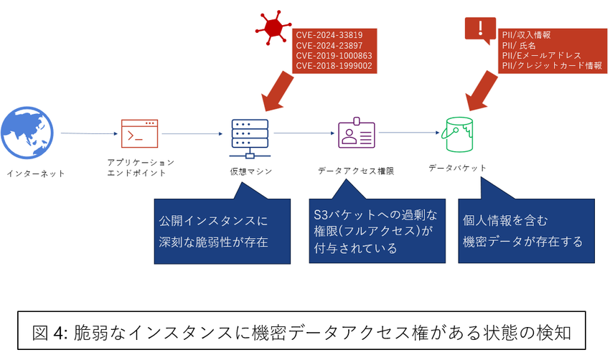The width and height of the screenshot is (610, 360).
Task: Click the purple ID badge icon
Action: tap(357, 134)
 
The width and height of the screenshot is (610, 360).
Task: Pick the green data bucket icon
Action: tap(461, 133)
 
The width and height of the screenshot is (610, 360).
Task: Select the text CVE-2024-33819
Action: tap(329, 34)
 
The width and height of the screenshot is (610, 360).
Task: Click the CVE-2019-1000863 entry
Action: tap(334, 55)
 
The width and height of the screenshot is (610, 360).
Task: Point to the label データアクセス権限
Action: tap(356, 171)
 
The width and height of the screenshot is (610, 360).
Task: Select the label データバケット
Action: tap(457, 168)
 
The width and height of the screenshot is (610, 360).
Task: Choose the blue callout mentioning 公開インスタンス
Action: tap(222, 231)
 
